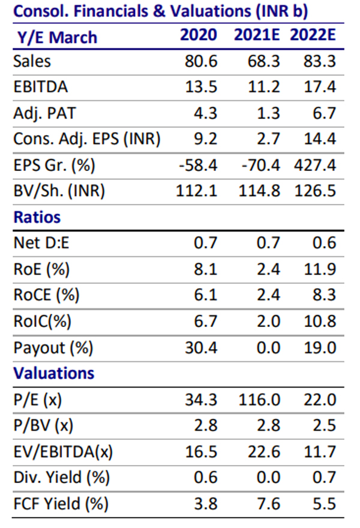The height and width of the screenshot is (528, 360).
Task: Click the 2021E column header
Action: pos(257,35)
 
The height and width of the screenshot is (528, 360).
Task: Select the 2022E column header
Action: pos(312,35)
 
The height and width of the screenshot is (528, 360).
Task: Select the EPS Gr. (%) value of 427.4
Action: pos(317,165)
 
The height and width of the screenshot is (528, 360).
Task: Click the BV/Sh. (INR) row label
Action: pos(59,191)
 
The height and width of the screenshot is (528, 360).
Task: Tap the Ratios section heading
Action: pos(37,217)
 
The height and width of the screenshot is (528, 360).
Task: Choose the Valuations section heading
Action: pos(53,373)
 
